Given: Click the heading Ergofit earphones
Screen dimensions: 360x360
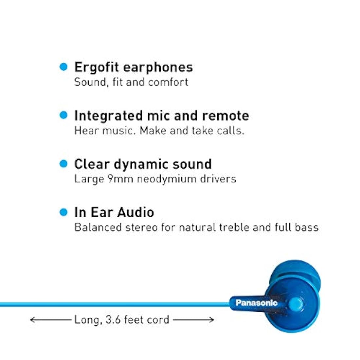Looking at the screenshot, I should pos(134,67).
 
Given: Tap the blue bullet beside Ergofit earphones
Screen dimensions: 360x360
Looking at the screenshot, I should pos(63,67).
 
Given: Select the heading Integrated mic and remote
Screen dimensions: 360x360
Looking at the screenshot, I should pos(161,116).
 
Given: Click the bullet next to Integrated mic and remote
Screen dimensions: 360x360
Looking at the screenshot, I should pos(63,115).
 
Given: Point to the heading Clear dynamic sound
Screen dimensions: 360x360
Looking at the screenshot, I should pos(143,164).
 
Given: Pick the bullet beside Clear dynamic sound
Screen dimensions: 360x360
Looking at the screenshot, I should pos(63,164).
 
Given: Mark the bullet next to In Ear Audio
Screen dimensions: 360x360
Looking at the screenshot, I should pos(63,212).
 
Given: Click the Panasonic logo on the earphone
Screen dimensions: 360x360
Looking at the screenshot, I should pos(256,303).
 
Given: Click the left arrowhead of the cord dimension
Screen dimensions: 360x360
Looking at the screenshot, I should pos(32,319).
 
